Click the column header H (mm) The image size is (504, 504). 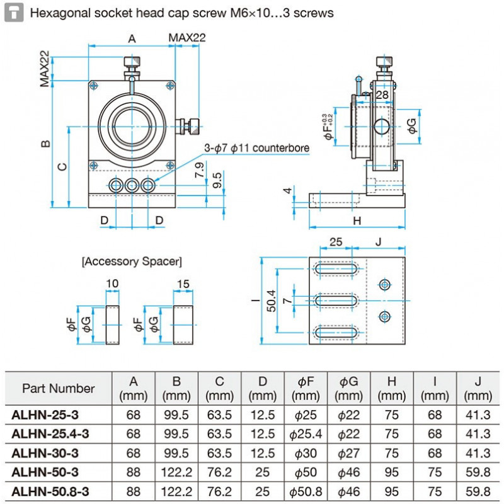(x=392, y=388)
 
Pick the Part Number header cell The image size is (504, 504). (x=59, y=388)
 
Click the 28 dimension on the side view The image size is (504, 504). (x=382, y=94)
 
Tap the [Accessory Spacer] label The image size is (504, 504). (x=132, y=261)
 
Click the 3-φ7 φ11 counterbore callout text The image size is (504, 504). (x=257, y=148)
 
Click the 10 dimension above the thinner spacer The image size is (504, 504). (x=113, y=284)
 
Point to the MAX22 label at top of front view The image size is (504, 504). (x=186, y=38)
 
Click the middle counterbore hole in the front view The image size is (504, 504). (x=132, y=185)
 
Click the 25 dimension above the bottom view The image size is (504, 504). (x=336, y=242)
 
